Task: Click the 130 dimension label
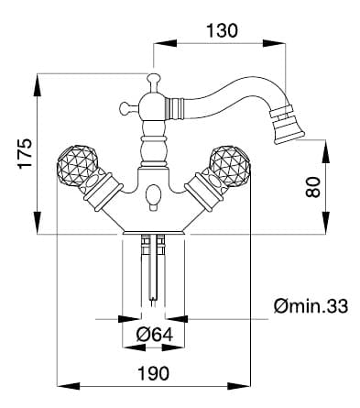pyautogui.click(x=222, y=30)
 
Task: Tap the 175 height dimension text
pyautogui.click(x=25, y=153)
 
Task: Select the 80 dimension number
pyautogui.click(x=313, y=187)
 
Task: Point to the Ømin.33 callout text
pyautogui.click(x=311, y=306)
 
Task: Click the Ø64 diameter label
pyautogui.click(x=155, y=335)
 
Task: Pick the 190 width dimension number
pyautogui.click(x=153, y=373)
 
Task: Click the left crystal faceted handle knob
pyautogui.click(x=78, y=165)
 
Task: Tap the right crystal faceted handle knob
pyautogui.click(x=230, y=165)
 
